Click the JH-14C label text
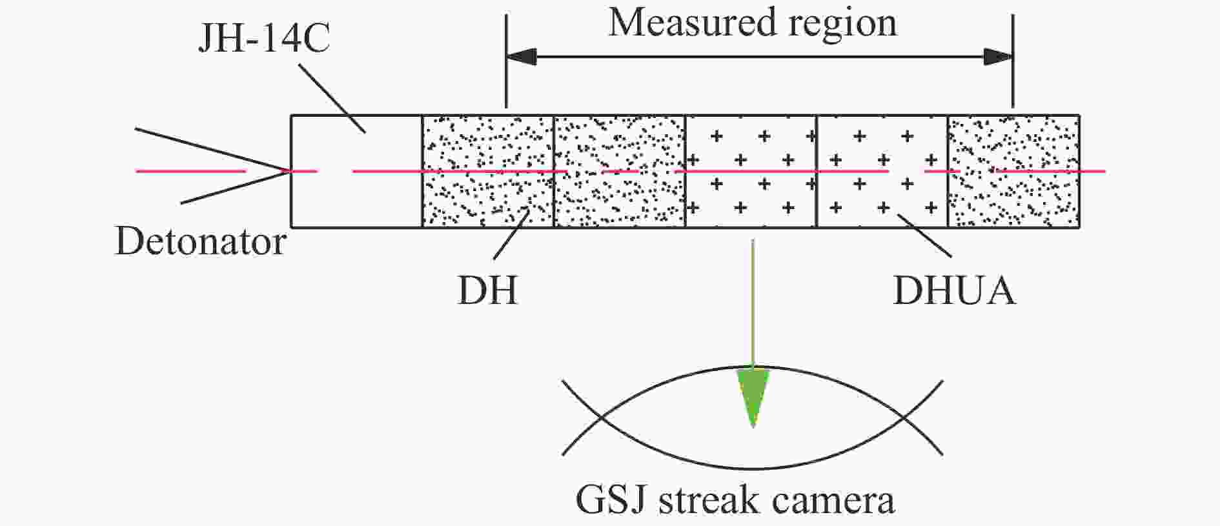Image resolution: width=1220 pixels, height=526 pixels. (264, 38)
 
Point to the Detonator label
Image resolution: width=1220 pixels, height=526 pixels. (200, 242)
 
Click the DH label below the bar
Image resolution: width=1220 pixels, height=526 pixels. (487, 290)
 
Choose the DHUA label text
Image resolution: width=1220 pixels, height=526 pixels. (953, 290)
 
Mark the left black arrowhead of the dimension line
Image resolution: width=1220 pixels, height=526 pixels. (522, 57)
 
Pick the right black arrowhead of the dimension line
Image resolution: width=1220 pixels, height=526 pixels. (997, 57)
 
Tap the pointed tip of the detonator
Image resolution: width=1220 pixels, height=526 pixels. (287, 170)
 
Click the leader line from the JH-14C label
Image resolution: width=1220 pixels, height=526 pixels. (333, 99)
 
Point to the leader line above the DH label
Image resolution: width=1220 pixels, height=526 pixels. (512, 235)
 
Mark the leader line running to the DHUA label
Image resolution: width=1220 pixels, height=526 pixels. (924, 235)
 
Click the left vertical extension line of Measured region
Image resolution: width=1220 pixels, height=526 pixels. (507, 61)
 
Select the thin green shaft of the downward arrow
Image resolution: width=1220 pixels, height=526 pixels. (753, 303)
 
